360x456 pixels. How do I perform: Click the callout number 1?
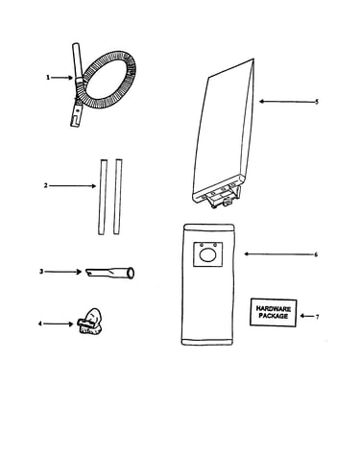(x=48, y=78)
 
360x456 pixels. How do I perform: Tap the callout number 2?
(x=46, y=185)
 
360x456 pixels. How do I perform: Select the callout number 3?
(x=41, y=272)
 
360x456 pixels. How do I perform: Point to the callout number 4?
(x=40, y=324)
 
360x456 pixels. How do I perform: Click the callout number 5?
(x=317, y=102)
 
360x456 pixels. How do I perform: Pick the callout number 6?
(x=316, y=254)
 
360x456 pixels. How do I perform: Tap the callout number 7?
(x=317, y=317)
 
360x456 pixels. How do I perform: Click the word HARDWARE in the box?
(x=274, y=309)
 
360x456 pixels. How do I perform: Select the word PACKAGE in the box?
(x=274, y=316)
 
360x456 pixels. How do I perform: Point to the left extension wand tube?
(x=103, y=197)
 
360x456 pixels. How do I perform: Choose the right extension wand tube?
(x=118, y=197)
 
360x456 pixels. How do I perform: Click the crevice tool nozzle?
(x=109, y=273)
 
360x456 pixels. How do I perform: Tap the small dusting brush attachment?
(x=90, y=322)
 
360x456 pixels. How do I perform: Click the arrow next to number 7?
(x=306, y=316)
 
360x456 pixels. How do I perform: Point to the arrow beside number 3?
(x=63, y=272)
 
